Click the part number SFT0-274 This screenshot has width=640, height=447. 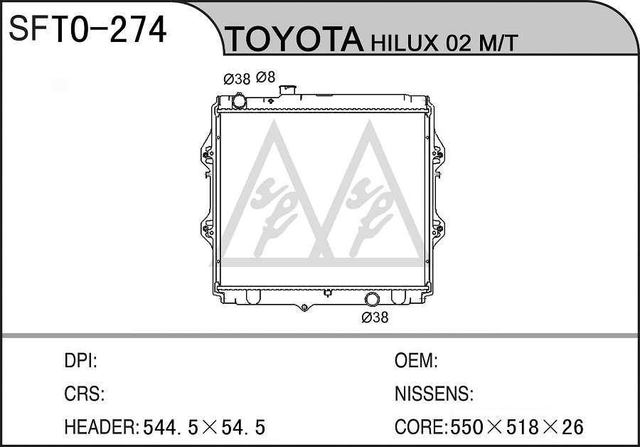coord(87,29)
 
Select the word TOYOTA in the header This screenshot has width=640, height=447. coord(294,39)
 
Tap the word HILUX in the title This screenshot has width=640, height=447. coord(404,43)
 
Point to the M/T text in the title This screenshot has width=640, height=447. coord(498,43)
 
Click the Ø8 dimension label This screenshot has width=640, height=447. coord(266,77)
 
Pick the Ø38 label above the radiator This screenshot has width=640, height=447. coord(237,79)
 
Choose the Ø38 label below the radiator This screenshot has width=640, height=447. coord(375,317)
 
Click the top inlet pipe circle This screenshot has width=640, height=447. coord(239,101)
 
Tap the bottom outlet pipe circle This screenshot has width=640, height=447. coord(372,299)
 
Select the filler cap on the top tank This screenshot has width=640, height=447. coord(288,90)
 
